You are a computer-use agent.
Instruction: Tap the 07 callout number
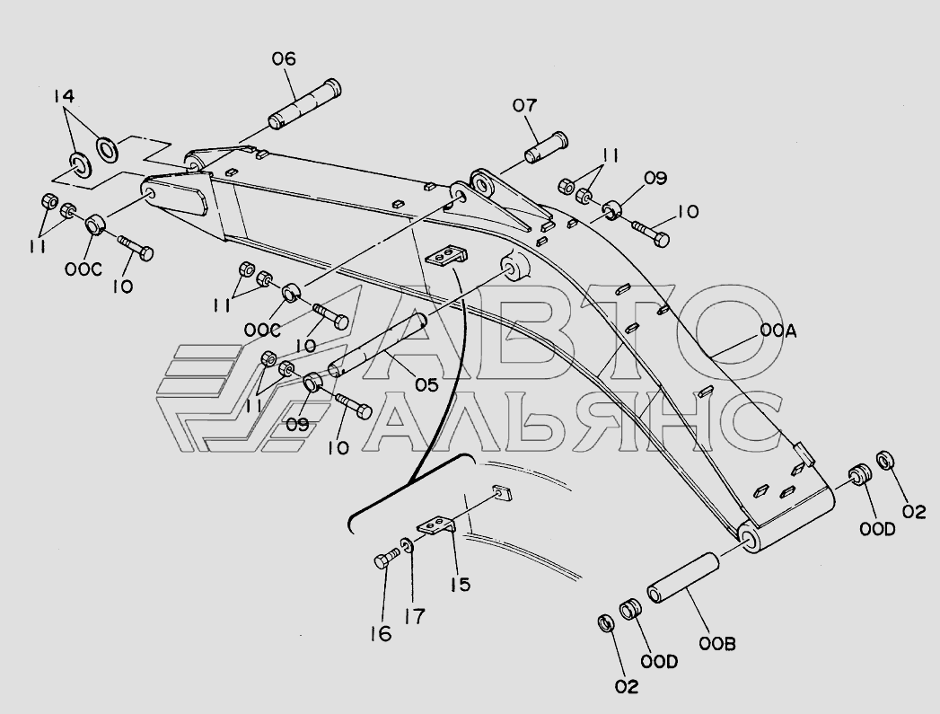coord(524,106)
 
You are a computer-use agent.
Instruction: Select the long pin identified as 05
coord(374,346)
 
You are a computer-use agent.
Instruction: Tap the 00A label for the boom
coord(778,331)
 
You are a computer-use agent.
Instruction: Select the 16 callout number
coord(381,634)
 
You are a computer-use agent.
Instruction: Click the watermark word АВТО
coord(575,332)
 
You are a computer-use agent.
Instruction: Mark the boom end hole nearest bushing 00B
coord(747,536)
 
